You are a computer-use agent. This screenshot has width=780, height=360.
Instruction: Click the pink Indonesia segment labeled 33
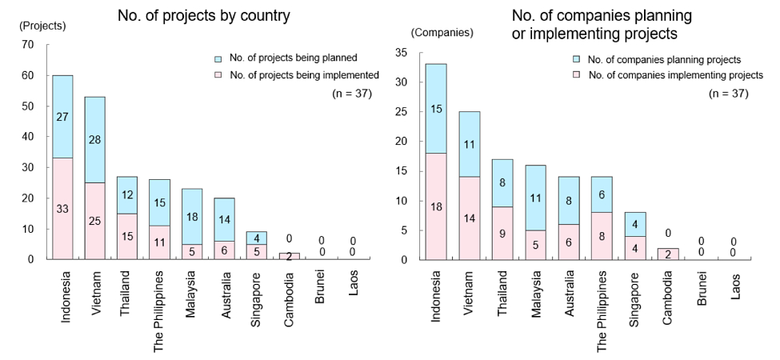(62, 208)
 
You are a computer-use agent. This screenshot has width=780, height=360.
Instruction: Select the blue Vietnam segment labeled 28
(94, 139)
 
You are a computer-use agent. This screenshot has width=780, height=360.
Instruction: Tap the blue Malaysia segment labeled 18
(191, 216)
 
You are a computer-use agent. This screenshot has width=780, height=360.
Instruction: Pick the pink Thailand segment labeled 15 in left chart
(126, 236)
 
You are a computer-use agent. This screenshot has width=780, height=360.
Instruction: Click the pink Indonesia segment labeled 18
(435, 206)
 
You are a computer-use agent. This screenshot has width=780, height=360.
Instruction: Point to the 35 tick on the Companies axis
(402, 53)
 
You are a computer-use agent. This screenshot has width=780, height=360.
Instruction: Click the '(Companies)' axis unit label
(442, 33)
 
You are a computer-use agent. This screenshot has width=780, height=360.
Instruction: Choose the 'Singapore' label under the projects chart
(256, 292)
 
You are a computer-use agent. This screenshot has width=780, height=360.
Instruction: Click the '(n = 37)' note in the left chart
(352, 93)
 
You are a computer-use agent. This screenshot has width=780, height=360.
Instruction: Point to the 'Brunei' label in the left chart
(320, 286)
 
